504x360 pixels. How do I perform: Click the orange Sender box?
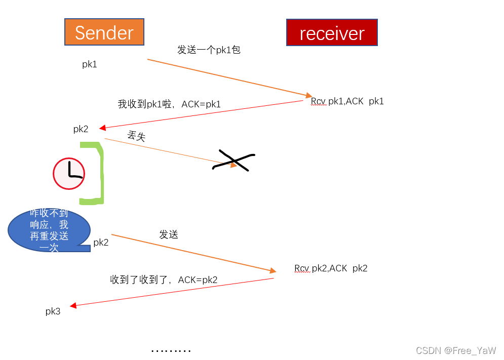pos(104,32)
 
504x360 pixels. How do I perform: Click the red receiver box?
pos(332,33)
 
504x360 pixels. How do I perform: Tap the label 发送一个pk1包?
pos(209,50)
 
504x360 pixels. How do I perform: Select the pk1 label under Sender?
pos(90,64)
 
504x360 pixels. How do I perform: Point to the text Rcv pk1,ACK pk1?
pos(347,101)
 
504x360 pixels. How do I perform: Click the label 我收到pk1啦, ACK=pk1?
pos(169,104)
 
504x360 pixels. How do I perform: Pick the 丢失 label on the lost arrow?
pos(137,136)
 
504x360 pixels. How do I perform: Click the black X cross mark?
pos(234,161)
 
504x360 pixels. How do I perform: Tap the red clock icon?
pos(69,174)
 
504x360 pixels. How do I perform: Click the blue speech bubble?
pos(49,230)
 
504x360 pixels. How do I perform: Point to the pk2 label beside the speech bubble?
pos(101,243)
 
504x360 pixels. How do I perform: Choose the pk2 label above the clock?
pos(81,129)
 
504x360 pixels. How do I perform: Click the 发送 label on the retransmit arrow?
pos(169,234)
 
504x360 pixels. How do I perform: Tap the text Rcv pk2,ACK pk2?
pos(331,268)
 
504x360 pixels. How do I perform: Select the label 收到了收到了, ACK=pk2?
pos(164,279)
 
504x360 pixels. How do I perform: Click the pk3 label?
pos(53,311)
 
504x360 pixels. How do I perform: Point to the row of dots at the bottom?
pos(171,350)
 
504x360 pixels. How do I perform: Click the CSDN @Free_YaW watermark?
pos(456,350)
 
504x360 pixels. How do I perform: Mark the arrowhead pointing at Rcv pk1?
pos(309,95)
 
